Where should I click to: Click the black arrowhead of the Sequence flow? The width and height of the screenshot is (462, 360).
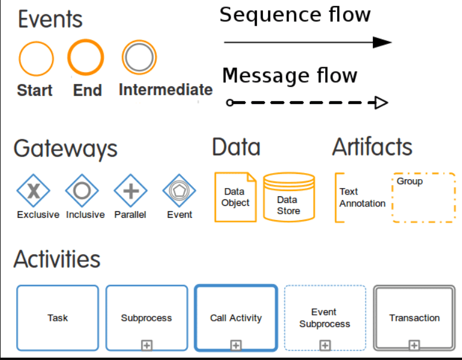[x=382, y=42]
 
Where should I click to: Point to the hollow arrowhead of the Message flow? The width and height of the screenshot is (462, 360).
[x=382, y=102]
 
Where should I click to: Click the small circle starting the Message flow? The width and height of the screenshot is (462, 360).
[x=230, y=102]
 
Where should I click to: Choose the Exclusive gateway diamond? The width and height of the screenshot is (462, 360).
[x=33, y=190]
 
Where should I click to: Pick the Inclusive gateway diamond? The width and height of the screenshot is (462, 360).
[x=82, y=190]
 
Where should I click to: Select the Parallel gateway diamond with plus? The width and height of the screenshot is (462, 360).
[x=131, y=190]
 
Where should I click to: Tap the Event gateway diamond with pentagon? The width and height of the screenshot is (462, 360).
[x=179, y=190]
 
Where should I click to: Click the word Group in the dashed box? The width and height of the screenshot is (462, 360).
[x=410, y=181]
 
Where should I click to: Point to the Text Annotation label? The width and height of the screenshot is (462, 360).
[x=362, y=197]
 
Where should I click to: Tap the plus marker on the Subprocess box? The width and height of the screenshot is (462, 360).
[x=147, y=345]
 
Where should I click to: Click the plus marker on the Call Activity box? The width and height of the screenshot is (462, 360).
[x=235, y=345]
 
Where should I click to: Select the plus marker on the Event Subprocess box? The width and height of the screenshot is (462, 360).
[x=325, y=345]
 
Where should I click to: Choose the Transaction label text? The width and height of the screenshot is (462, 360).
[x=414, y=318]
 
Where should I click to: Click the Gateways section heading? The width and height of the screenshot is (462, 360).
[x=65, y=149]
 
